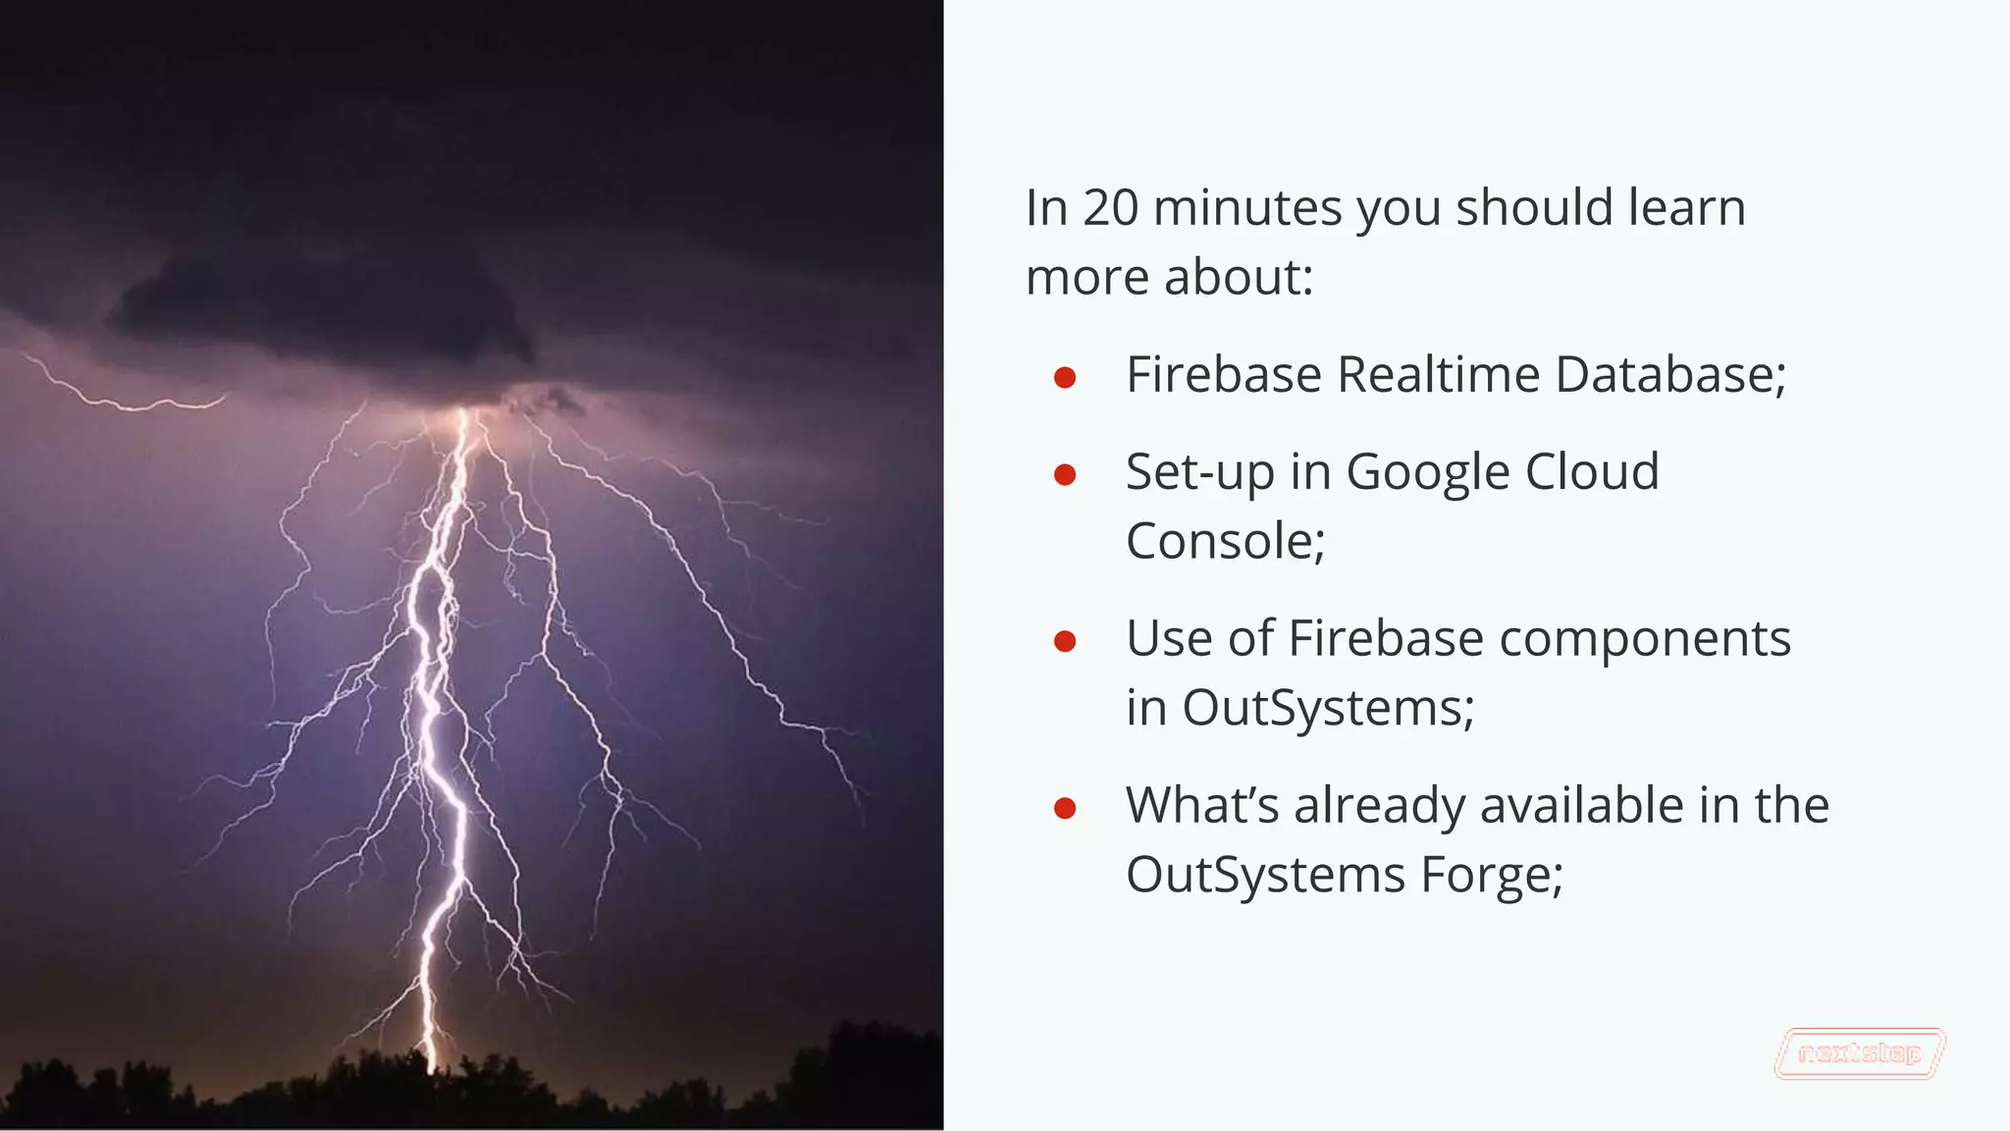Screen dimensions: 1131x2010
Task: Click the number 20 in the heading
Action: point(1111,208)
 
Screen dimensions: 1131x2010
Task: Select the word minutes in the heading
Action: point(1247,208)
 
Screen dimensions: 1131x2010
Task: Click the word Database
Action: point(1669,375)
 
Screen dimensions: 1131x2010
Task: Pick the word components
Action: point(1645,639)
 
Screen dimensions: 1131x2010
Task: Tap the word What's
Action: point(1202,806)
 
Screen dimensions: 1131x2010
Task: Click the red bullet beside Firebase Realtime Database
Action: point(1065,378)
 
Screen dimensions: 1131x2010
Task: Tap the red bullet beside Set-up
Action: point(1065,476)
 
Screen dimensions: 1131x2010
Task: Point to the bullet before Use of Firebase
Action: point(1065,642)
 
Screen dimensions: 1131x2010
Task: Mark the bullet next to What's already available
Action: point(1065,809)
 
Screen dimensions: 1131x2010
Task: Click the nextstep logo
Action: point(1859,1054)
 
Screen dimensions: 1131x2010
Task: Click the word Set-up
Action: point(1200,473)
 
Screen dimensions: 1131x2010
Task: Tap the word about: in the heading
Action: point(1238,277)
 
